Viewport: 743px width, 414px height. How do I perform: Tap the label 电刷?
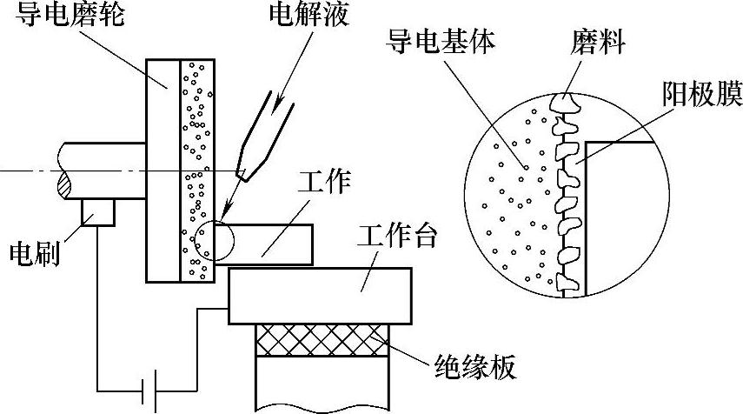[33, 253]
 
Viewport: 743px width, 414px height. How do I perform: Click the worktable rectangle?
[318, 293]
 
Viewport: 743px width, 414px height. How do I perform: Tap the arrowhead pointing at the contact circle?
[225, 211]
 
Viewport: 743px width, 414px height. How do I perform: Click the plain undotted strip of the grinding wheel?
[163, 170]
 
